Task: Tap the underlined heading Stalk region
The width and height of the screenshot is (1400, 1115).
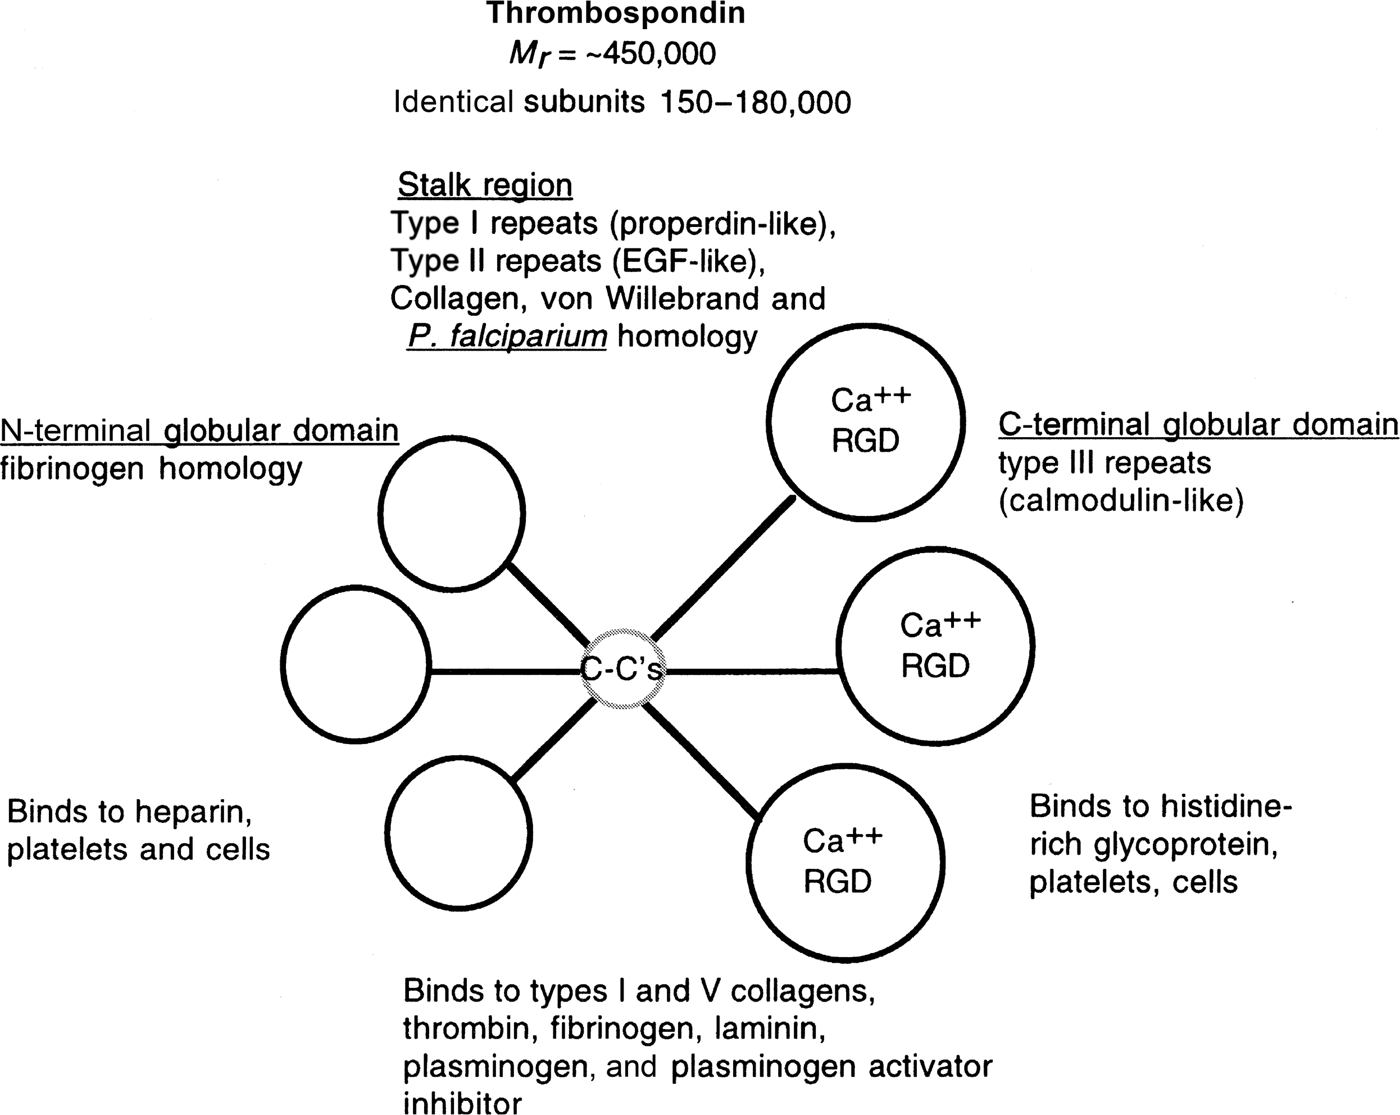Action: tap(484, 186)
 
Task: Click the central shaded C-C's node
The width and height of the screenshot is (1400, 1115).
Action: tap(621, 669)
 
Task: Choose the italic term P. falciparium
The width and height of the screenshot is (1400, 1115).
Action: tap(507, 337)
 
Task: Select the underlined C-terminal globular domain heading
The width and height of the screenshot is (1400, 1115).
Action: tap(1198, 425)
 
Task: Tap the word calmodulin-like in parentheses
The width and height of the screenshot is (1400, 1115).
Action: tap(1121, 501)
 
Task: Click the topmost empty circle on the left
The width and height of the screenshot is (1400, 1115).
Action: tap(452, 513)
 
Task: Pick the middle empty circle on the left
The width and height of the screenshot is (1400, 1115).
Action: tap(356, 664)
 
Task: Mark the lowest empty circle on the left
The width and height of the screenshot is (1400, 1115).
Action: tap(459, 832)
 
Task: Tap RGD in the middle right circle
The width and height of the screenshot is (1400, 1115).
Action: tap(935, 667)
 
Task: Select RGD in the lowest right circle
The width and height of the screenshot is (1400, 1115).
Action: tap(838, 882)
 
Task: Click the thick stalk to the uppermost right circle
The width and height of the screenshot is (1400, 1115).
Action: tap(722, 569)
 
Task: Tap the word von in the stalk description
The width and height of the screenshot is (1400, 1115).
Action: tap(566, 300)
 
